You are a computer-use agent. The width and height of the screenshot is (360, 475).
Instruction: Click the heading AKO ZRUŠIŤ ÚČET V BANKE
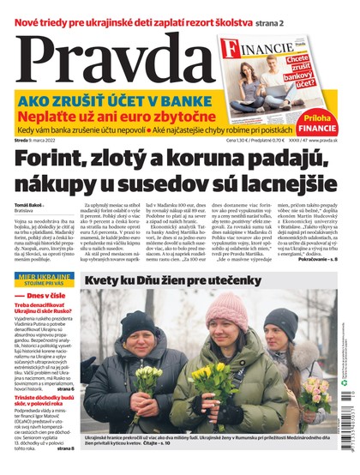click(x=114, y=99)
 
